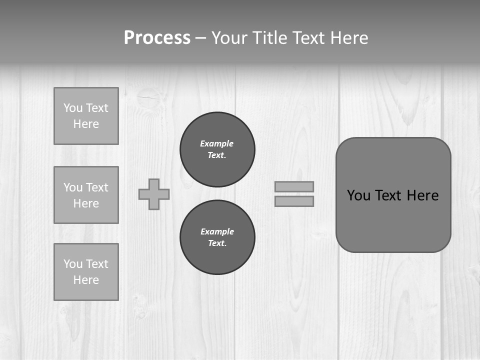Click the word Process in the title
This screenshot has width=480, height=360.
157,38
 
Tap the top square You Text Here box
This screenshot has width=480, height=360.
86,116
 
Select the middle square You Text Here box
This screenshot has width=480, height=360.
86,195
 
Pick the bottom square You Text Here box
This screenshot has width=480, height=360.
86,272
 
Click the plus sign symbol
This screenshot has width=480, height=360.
154,194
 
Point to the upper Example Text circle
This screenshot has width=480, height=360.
217,149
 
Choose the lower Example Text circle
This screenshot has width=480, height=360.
217,237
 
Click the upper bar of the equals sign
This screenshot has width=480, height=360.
294,186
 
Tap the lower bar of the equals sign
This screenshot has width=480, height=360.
294,201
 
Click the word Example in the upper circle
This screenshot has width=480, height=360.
216,143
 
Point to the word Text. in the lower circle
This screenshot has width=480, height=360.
217,243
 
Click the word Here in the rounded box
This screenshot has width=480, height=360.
422,195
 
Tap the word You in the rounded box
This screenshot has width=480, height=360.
358,195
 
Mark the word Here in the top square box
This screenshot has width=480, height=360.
86,124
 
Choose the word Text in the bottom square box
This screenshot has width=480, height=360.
97,264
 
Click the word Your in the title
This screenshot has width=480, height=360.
230,38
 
